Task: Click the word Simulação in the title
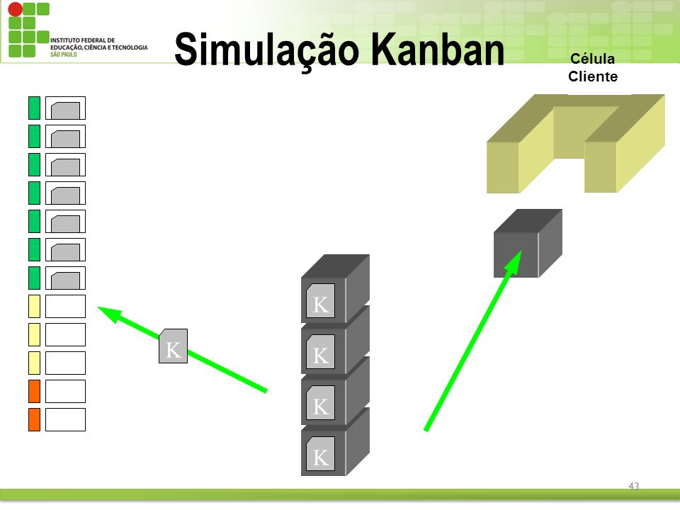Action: [x=267, y=50]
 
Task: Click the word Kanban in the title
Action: [x=437, y=49]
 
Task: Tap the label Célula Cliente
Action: [x=593, y=68]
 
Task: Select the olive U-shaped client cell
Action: [x=575, y=144]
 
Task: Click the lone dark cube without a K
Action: [x=528, y=243]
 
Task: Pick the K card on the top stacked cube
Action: [x=320, y=300]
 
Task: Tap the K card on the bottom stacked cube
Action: [x=320, y=453]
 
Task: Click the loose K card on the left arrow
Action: [x=173, y=346]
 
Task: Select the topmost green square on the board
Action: [x=34, y=108]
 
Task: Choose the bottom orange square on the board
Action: [x=34, y=419]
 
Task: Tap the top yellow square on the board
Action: [x=34, y=306]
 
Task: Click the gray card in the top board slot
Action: [x=65, y=110]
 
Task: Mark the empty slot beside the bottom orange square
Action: [x=65, y=419]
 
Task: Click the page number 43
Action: [x=633, y=486]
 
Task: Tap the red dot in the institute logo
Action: [x=15, y=9]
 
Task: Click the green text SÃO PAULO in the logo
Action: [x=63, y=55]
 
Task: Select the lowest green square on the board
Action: [x=34, y=278]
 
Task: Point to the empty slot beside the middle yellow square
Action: [x=65, y=334]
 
